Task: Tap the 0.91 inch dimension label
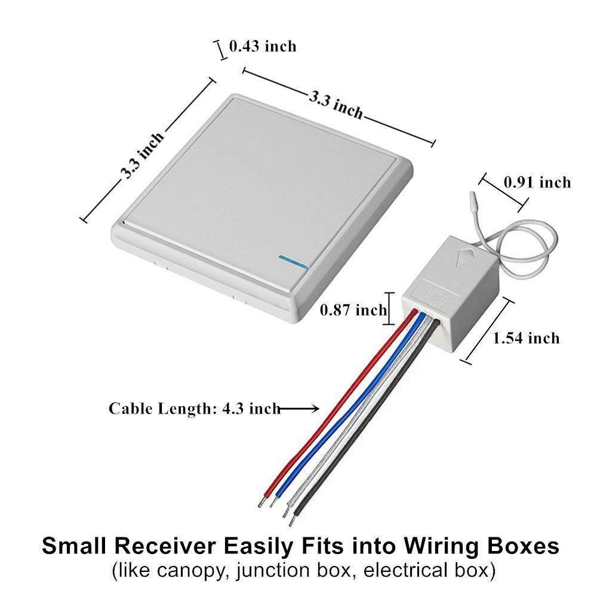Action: click(537, 182)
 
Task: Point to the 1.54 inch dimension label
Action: click(526, 338)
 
